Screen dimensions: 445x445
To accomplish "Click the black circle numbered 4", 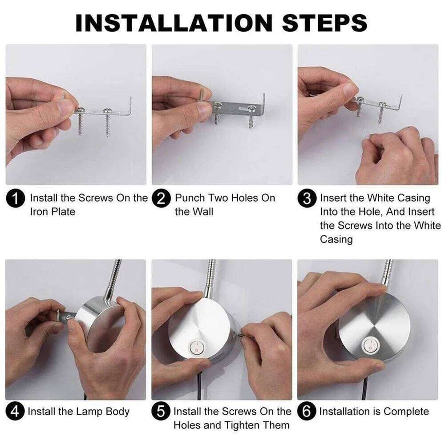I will point(16,412).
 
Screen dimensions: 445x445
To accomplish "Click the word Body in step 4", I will point(117,412).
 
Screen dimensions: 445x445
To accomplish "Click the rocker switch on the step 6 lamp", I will point(369,345).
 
